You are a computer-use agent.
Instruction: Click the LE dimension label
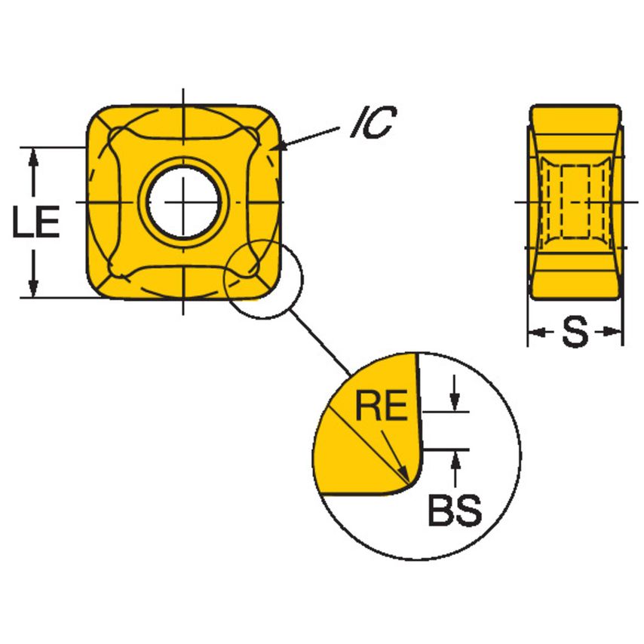coord(36,223)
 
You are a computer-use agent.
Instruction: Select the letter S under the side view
coord(575,332)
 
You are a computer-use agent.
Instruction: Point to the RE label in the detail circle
coord(381,407)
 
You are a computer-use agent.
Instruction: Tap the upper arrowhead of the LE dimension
coord(33,155)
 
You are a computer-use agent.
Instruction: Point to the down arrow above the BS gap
coord(454,403)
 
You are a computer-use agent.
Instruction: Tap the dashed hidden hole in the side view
coord(575,202)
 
